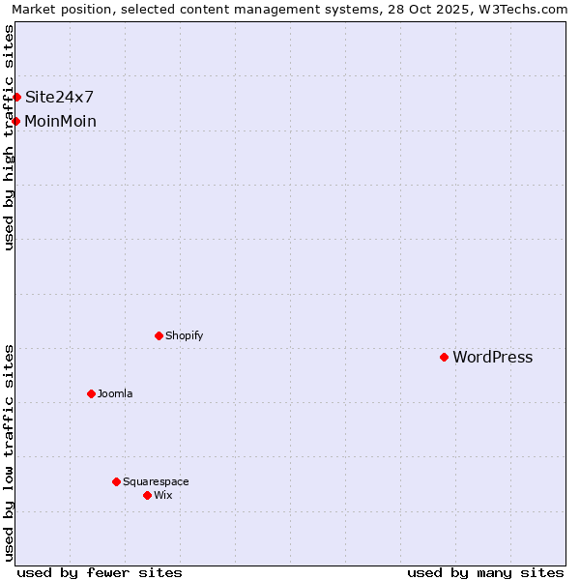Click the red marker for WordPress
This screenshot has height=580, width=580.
pos(444,357)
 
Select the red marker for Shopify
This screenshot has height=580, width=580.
pos(159,335)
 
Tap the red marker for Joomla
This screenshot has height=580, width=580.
pos(91,393)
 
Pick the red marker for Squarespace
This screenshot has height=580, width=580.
pos(116,481)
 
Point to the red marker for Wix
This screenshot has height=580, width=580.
pos(147,495)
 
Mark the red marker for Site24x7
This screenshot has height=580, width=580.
pos(16,97)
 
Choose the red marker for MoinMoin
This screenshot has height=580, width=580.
pos(16,121)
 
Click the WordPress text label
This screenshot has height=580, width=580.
pos(492,358)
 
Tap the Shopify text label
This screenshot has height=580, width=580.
pos(184,336)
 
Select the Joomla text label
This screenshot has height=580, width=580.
pos(115,394)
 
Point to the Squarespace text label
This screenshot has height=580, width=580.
pos(156,482)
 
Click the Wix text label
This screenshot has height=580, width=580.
pos(162,496)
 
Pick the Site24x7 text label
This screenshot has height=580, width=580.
pos(59,97)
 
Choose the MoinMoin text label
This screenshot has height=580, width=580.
pos(60,122)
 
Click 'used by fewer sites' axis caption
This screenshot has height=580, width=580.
pos(100,572)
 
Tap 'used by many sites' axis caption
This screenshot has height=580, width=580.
pos(485,572)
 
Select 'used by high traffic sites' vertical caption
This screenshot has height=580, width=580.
pos(9,137)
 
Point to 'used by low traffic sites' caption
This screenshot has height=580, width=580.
pos(9,452)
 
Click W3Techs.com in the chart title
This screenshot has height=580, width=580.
pos(528,9)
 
